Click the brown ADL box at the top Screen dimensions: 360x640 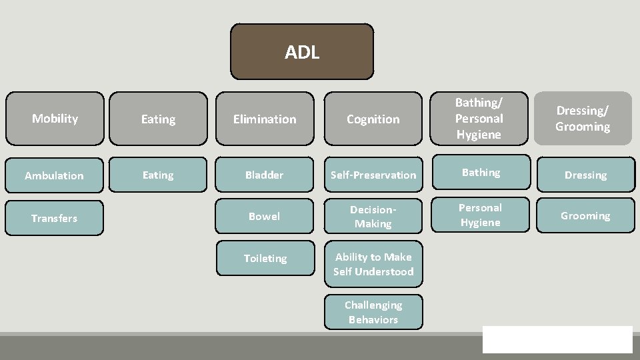point(302,52)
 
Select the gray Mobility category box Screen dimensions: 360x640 point(55,119)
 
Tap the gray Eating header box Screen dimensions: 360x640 point(158,119)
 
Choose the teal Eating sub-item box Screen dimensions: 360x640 point(158,175)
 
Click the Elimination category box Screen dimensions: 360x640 point(265,119)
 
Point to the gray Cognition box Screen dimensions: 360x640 point(373,119)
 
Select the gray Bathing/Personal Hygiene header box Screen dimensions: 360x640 point(479,118)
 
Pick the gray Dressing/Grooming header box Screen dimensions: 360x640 point(583,118)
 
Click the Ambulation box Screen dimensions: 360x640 point(54,175)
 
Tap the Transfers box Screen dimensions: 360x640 point(54,218)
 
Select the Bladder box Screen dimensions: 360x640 point(265,175)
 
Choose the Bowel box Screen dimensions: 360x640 point(265,216)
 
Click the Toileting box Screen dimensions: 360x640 point(265,258)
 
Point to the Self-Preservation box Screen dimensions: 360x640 point(373,175)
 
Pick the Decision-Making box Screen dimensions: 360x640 point(373,216)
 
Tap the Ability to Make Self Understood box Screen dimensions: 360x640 point(373,264)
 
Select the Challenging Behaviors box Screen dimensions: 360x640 point(373,312)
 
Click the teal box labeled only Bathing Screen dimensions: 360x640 point(481,173)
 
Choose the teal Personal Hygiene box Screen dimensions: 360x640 point(480,215)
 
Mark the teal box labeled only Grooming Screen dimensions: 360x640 point(585,215)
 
